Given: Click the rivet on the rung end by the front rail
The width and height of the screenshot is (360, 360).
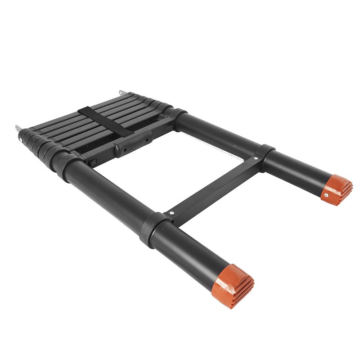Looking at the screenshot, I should [171, 213].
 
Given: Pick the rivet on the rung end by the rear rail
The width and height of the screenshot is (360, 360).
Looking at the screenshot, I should [256, 158].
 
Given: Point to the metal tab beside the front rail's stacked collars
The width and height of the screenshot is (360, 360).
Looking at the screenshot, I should [18, 128].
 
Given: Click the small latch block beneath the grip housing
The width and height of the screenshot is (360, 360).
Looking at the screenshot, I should [92, 159].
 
